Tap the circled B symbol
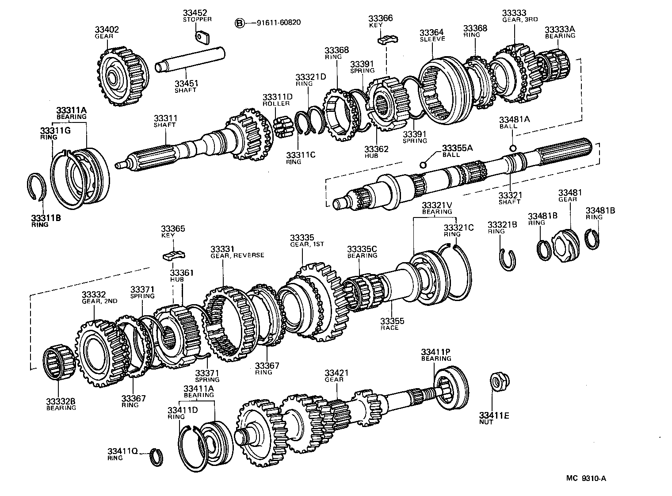click(x=239, y=23)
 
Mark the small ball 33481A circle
click(x=512, y=148)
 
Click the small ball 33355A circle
click(x=423, y=165)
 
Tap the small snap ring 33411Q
click(x=156, y=457)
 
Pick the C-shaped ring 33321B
click(x=508, y=259)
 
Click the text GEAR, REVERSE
click(x=237, y=255)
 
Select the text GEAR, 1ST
click(x=307, y=244)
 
